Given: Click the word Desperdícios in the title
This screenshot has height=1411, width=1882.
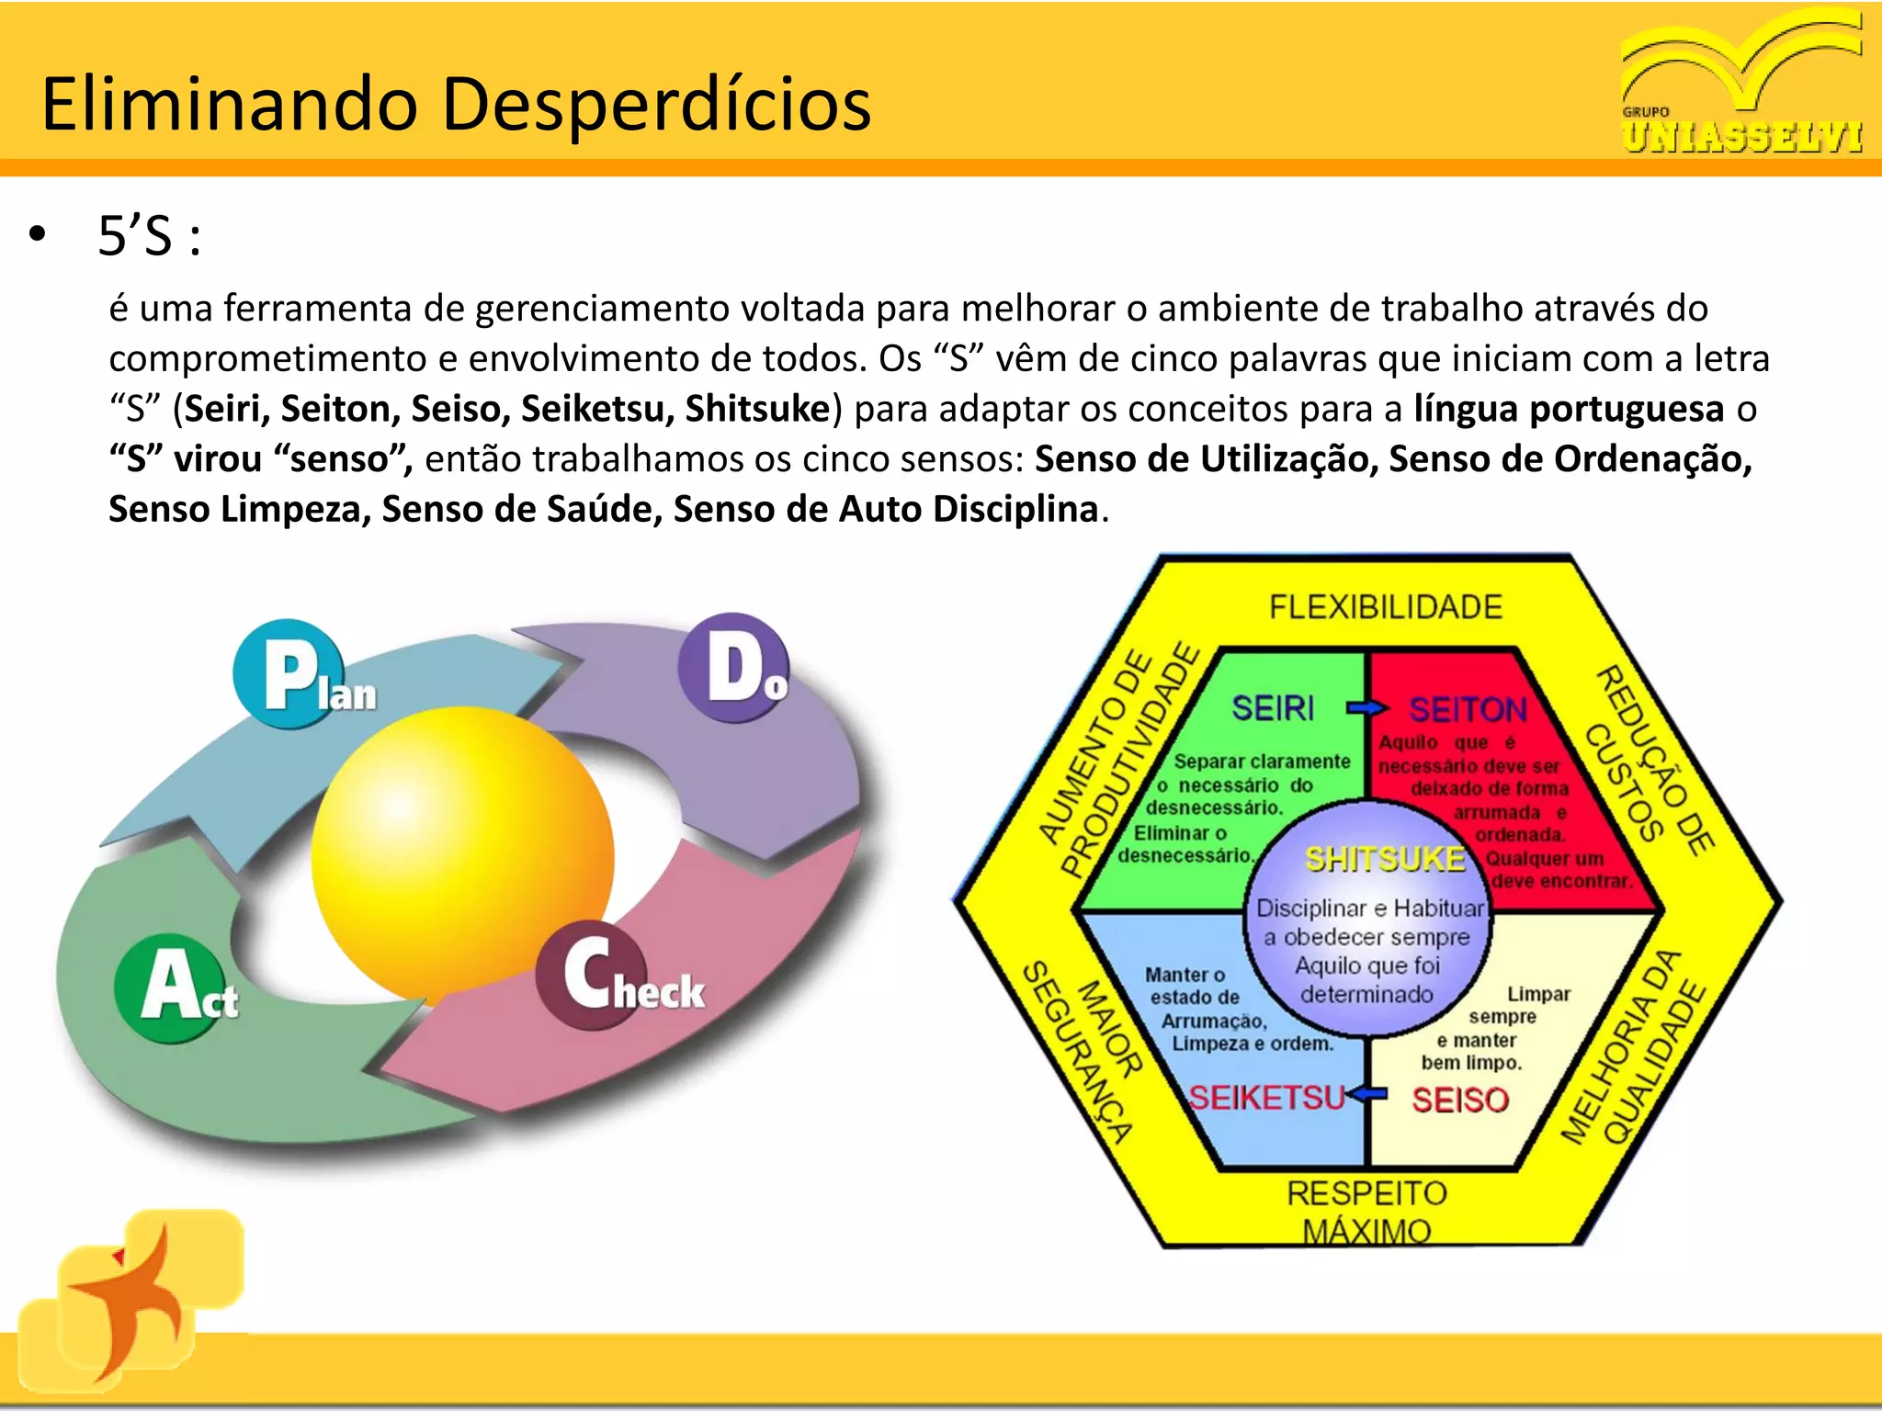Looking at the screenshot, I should (x=656, y=104).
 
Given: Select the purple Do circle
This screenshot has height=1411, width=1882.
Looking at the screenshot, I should (x=733, y=667).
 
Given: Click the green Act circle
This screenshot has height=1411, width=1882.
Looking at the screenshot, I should (x=171, y=988).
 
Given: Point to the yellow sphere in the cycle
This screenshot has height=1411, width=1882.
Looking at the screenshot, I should (x=462, y=856).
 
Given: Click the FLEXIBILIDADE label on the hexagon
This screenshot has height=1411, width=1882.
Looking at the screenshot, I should (x=1385, y=607).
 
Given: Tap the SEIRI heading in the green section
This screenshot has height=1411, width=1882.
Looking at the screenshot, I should (x=1273, y=708).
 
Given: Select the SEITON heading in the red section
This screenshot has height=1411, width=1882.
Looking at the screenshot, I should (x=1468, y=709).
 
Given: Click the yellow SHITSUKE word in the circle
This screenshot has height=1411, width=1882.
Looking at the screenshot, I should (x=1385, y=859).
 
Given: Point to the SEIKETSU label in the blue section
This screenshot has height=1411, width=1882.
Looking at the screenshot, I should (x=1266, y=1098).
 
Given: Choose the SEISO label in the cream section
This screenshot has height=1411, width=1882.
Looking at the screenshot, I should (x=1459, y=1100).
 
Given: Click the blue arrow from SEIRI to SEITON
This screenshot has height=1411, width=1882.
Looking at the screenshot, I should (x=1367, y=708).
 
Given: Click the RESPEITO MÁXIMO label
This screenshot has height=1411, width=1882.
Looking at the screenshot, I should (x=1366, y=1212).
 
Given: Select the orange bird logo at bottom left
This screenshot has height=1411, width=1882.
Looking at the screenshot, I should (x=129, y=1295).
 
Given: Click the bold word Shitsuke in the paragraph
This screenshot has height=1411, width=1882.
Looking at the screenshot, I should (x=757, y=409).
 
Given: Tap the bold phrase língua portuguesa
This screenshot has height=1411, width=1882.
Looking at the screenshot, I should (x=1568, y=409).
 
